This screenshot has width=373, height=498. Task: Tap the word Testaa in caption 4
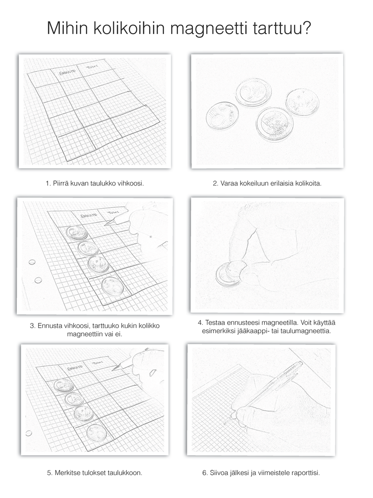point(219,322)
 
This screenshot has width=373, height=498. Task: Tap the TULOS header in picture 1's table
point(95,70)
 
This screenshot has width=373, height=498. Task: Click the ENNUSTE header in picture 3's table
point(89,216)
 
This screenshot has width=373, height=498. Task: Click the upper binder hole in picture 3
point(32,262)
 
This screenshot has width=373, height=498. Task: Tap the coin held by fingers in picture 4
point(231,273)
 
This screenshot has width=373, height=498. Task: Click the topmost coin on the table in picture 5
point(63,385)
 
